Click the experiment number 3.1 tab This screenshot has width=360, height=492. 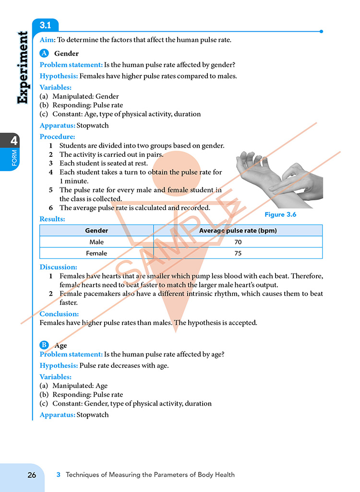coord(45,25)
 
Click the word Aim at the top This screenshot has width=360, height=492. coord(47,40)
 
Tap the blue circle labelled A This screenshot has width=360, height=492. coord(44,53)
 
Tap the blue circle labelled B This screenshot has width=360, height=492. coord(44,345)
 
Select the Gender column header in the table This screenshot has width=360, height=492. coord(96,231)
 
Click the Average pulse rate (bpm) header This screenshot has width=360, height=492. coord(238,231)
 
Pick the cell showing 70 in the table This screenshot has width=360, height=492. coord(238,242)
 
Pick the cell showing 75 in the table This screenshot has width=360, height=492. coord(238,253)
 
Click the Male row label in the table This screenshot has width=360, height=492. coord(96,242)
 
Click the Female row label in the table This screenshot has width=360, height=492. coord(96,253)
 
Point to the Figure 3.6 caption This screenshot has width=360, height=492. coord(280,215)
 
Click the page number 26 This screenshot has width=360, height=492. coord(32,475)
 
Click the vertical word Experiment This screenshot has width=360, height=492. coord(22,68)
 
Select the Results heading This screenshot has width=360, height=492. coord(52,219)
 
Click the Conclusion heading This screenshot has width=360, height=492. coord(59,314)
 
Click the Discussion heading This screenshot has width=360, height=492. coord(58,267)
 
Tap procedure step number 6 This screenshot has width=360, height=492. coord(50,208)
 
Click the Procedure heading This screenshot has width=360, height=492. coord(57,137)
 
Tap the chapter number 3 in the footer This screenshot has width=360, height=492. coord(59,475)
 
